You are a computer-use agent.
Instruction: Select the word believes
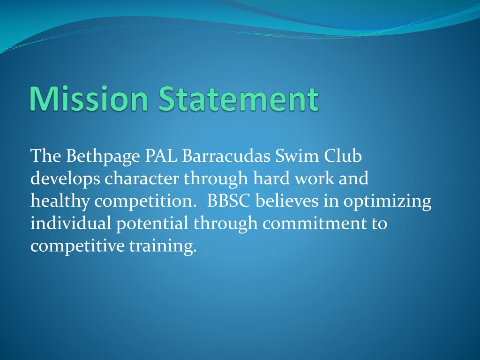[x=287, y=201]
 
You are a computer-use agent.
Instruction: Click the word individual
[x=71, y=224]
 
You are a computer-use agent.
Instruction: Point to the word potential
[x=152, y=224]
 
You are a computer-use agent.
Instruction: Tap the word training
[x=163, y=246]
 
